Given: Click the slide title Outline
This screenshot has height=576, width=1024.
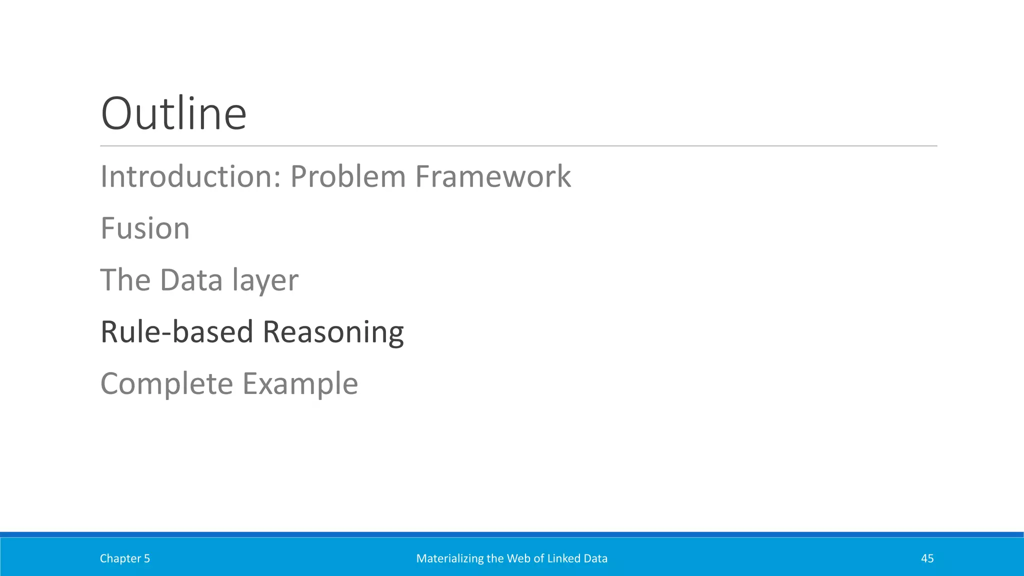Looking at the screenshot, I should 173,113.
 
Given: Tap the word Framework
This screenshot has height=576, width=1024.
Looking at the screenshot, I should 493,176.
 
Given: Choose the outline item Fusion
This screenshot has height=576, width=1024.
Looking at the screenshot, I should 145,228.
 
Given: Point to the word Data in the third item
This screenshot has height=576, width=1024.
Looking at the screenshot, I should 191,280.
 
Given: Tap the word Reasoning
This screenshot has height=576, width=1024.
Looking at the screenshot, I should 333,333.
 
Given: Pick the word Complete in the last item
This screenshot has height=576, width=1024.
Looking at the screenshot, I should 166,384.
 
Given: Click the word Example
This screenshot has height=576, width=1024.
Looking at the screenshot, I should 300,384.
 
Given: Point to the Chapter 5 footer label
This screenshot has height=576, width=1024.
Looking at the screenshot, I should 124,558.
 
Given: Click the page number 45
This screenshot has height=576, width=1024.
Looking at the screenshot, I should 927,558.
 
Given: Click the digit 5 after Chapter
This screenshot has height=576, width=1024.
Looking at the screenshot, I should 147,558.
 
